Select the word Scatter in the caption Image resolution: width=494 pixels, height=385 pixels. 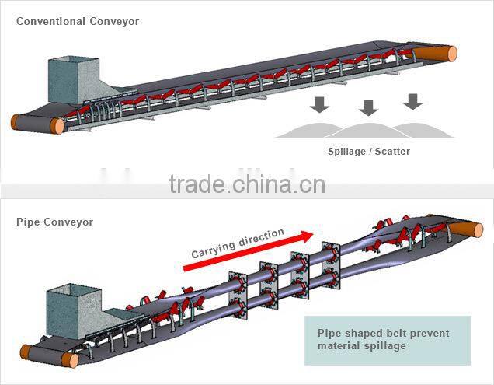point(392,152)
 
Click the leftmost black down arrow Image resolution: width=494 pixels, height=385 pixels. point(319,104)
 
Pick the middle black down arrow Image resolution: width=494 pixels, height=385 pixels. point(368,107)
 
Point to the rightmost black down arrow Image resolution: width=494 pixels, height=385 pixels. point(413,100)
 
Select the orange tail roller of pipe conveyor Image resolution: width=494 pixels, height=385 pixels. point(71,360)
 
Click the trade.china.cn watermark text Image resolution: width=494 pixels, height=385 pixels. point(247,184)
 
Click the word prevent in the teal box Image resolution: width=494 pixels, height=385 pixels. point(432,333)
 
